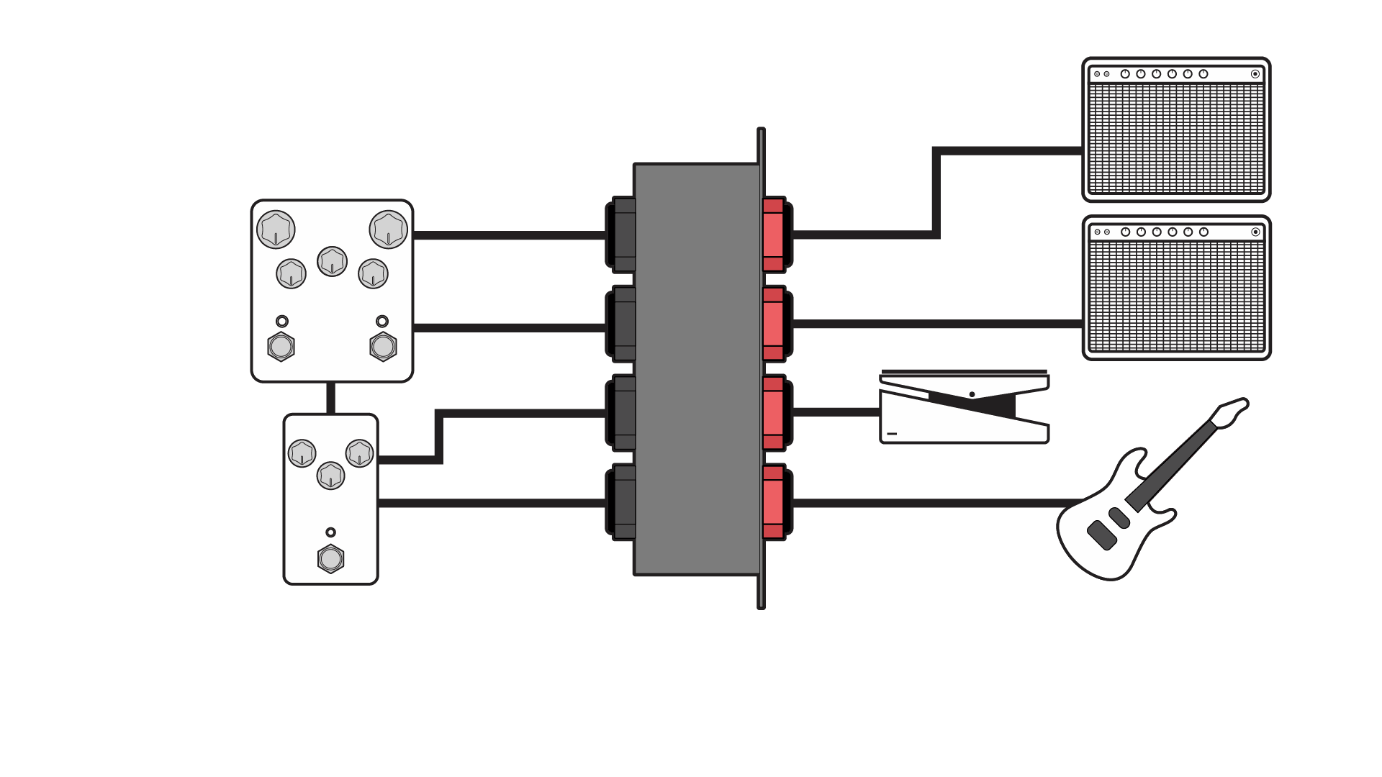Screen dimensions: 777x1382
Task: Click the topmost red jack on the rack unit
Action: (774, 235)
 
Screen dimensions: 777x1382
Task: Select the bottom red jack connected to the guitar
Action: (774, 502)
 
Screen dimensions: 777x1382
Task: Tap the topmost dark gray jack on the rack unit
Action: (623, 235)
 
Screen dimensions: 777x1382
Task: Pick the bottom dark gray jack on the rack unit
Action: (623, 502)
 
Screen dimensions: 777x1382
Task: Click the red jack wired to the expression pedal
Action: (774, 412)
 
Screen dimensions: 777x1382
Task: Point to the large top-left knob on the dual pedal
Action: (276, 230)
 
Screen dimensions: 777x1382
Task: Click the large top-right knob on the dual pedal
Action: (389, 230)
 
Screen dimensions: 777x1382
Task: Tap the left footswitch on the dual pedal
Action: (281, 347)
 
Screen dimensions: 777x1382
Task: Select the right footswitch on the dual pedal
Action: (383, 347)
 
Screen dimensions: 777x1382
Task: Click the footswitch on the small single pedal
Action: (330, 558)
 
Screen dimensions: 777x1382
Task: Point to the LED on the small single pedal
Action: (330, 532)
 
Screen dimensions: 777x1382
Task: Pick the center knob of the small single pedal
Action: (330, 476)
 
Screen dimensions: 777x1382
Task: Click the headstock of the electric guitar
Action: (1232, 412)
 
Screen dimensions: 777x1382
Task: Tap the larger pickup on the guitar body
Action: (1101, 535)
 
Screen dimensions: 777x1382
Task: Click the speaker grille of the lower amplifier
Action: (1176, 296)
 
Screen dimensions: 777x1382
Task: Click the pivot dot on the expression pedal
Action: (972, 394)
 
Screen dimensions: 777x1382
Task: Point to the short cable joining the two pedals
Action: (330, 398)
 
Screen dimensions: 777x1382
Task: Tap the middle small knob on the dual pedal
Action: (332, 261)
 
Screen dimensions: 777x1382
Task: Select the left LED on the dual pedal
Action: (282, 321)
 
